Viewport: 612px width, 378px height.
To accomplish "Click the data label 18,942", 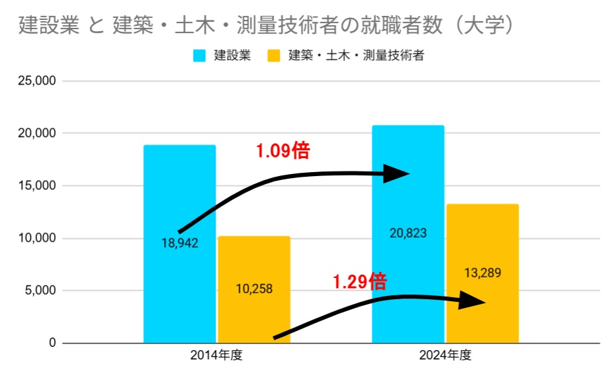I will click(180, 243).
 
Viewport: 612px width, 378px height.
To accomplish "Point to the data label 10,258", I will click(254, 289).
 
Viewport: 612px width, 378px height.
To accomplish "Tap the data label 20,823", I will click(408, 233).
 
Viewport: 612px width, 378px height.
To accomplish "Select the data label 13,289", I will click(482, 273).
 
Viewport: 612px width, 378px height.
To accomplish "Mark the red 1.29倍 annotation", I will click(360, 282).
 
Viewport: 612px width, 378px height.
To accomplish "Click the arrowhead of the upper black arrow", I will click(397, 174).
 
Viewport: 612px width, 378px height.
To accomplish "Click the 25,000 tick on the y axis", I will click(38, 81).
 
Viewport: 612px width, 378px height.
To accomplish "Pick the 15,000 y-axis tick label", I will click(38, 186).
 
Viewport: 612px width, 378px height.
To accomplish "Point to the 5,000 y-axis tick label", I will click(41, 291).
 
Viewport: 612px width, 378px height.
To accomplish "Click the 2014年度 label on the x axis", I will click(216, 355).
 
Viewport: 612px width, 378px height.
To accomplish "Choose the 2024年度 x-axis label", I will click(445, 355).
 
